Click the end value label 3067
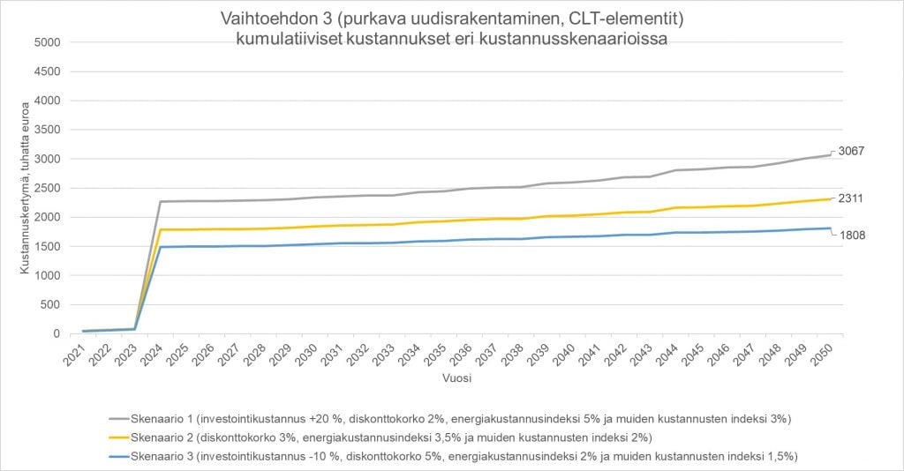(x=851, y=152)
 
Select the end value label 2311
(x=851, y=198)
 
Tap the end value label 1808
(x=851, y=236)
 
